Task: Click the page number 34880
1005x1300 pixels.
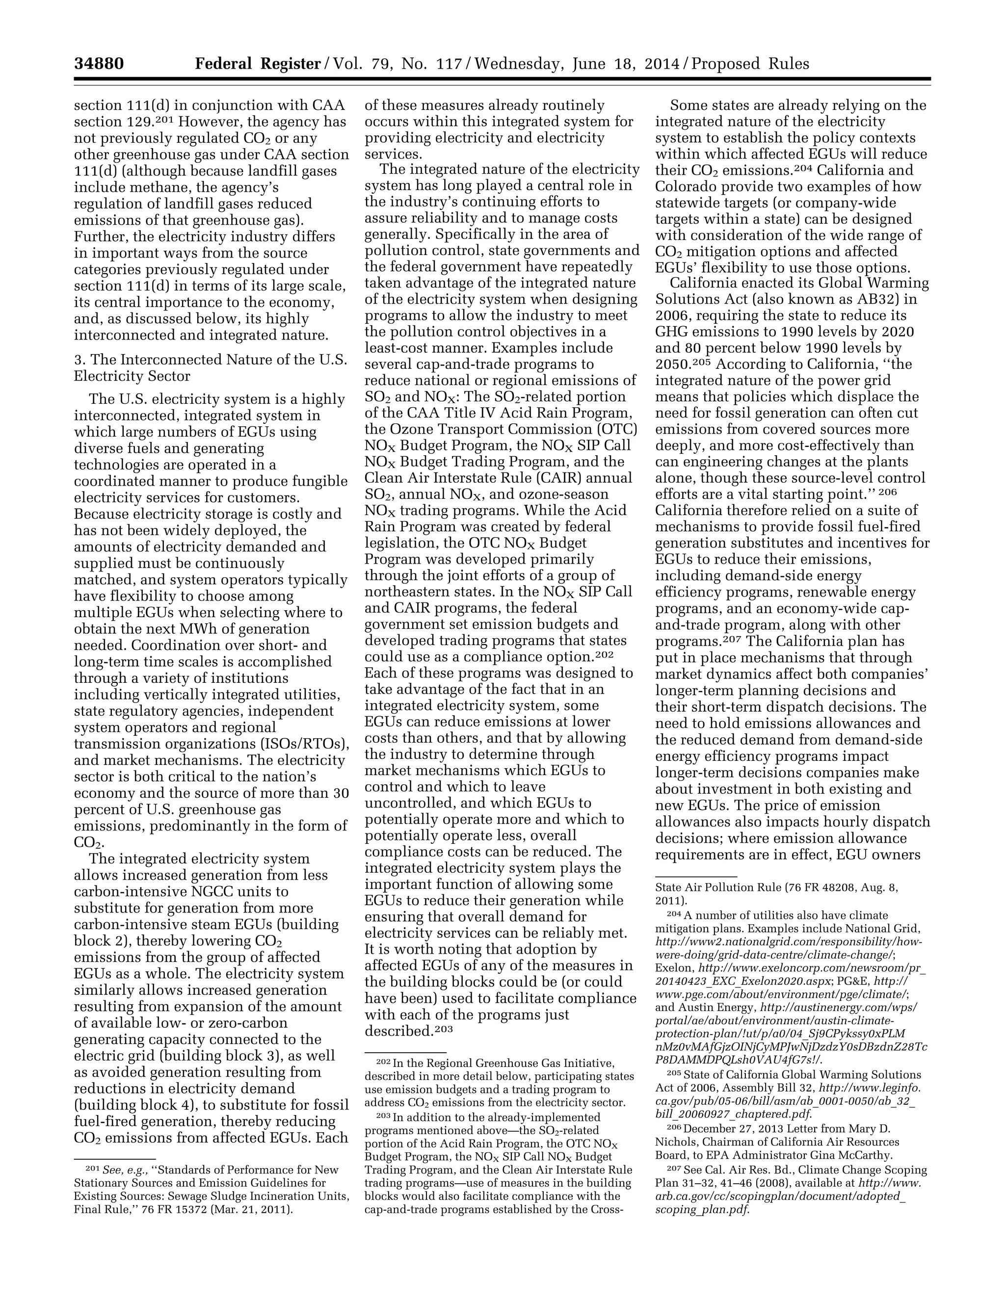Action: point(99,64)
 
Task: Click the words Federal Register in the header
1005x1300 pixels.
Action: point(258,64)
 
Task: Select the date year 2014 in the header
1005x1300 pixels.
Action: point(665,64)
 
